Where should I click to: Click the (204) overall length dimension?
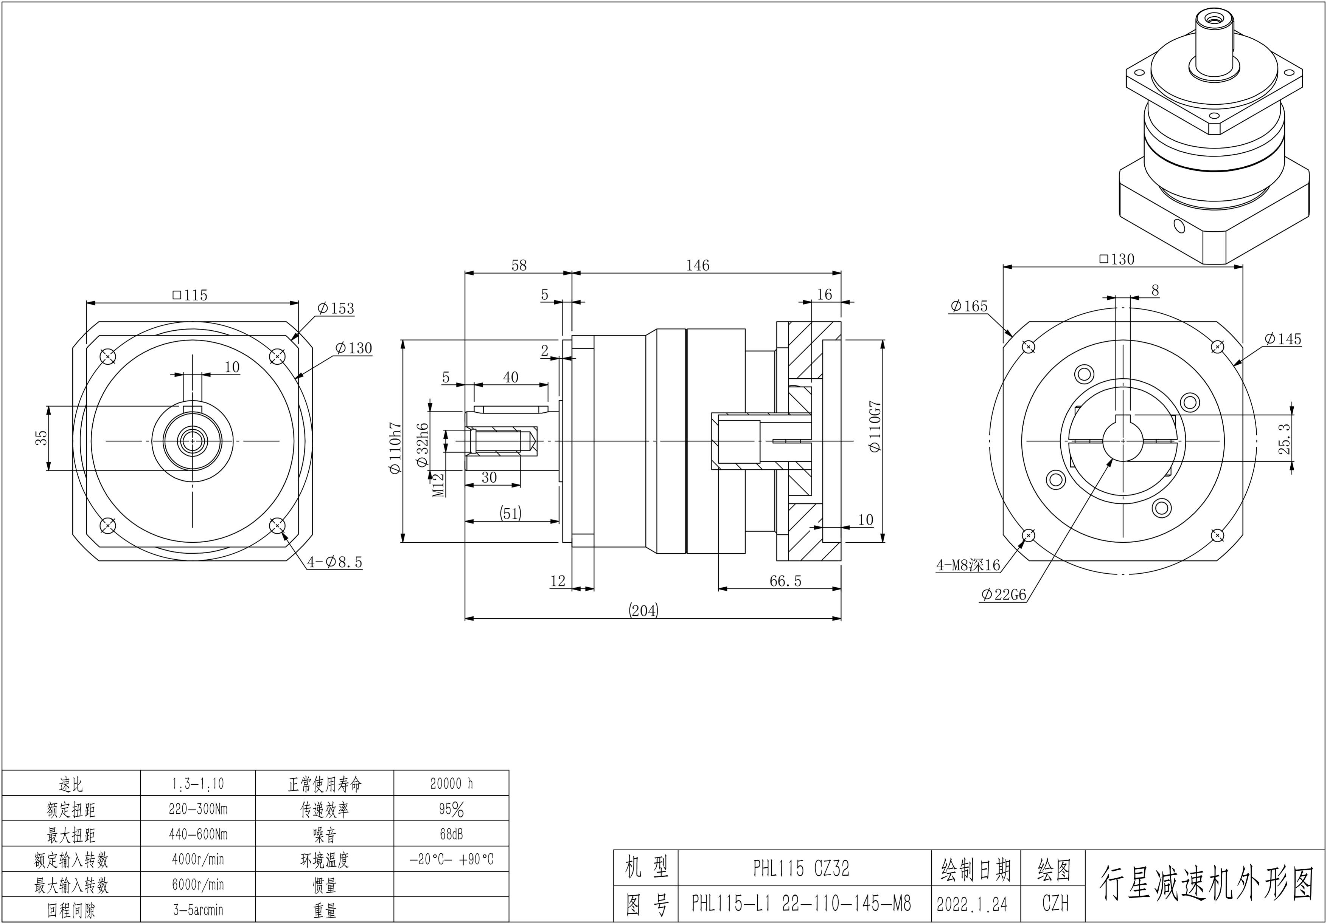click(643, 610)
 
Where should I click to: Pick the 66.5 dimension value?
click(785, 581)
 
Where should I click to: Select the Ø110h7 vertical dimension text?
click(395, 448)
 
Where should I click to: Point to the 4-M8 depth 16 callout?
click(968, 565)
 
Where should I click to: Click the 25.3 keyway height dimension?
click(1284, 439)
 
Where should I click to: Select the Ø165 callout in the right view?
click(969, 306)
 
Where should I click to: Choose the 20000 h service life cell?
click(451, 784)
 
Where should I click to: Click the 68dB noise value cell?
click(451, 834)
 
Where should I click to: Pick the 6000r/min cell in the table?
click(198, 885)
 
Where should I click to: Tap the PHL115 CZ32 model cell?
click(801, 868)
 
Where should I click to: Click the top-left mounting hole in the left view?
click(108, 357)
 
